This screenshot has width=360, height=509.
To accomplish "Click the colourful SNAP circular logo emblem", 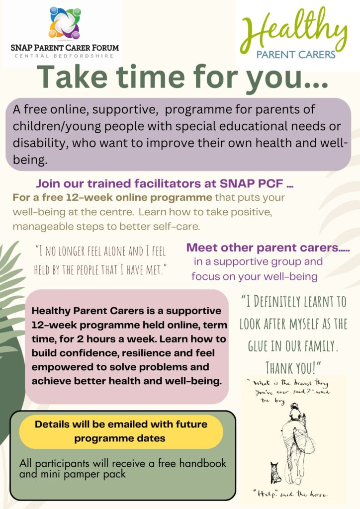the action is click(x=65, y=23).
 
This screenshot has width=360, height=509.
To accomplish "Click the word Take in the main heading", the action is click(x=72, y=77).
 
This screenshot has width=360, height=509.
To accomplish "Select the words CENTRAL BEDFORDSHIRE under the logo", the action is click(x=64, y=56).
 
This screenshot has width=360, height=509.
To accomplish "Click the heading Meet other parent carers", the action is click(x=268, y=248).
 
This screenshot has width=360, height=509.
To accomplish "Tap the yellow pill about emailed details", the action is click(x=121, y=431).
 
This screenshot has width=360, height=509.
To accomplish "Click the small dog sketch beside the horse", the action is click(x=275, y=473).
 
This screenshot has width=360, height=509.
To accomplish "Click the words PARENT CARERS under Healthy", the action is click(x=296, y=55).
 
